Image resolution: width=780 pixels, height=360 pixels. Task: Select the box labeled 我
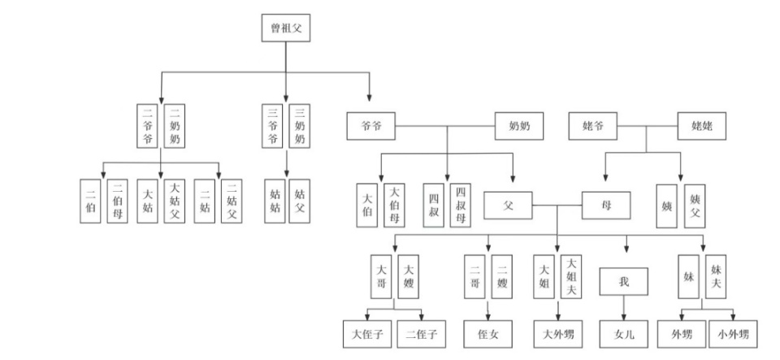(625, 281)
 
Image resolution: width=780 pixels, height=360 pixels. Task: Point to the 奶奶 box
(519, 126)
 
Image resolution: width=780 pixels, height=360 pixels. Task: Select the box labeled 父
(508, 205)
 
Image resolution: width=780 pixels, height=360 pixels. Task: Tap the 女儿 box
(625, 333)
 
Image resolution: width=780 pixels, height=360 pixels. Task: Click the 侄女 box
(488, 333)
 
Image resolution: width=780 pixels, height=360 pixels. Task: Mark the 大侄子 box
(366, 333)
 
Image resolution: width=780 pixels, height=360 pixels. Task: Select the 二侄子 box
(422, 333)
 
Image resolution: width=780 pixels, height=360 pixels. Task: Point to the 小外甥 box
(734, 333)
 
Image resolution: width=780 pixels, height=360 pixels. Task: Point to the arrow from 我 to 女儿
(625, 309)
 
